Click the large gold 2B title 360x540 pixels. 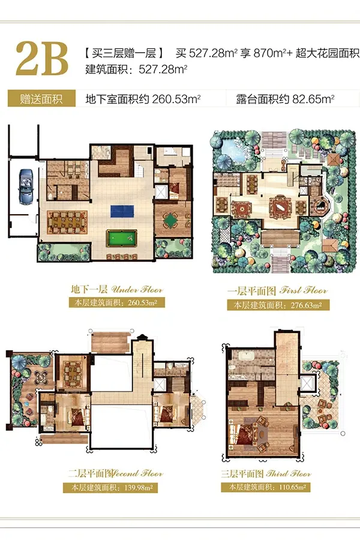(42, 59)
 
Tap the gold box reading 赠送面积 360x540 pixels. (41, 99)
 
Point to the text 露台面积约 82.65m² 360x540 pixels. (285, 99)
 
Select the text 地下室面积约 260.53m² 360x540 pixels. (143, 99)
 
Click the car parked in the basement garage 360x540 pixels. (26, 186)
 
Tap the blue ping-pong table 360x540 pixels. (122, 211)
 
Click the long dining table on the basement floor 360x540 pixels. (67, 221)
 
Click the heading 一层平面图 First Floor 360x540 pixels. (277, 290)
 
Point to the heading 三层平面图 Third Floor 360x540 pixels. (266, 474)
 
